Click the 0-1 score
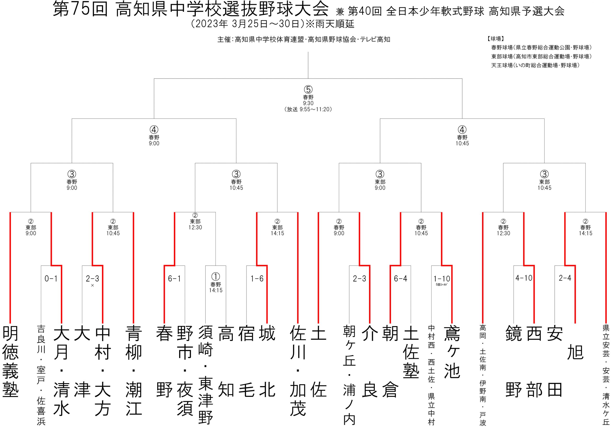pos(51,279)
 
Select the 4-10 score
pos(524,278)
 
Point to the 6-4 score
pos(400,279)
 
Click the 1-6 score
pos(257,279)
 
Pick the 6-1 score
pos(174,279)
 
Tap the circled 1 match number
pos(216,277)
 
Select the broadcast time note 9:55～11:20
pos(308,109)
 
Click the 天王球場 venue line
pos(535,65)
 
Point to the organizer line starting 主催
pos(304,40)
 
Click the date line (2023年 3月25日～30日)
pos(272,24)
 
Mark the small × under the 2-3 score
pos(92,285)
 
